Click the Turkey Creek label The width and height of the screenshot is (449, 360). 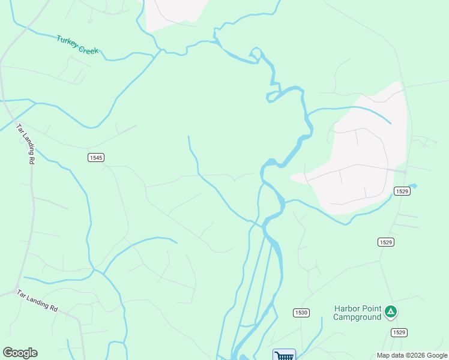pos(77,45)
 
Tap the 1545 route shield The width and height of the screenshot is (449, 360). pos(95,157)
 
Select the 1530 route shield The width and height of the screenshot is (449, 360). pos(301,313)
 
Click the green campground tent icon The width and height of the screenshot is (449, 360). pos(391,311)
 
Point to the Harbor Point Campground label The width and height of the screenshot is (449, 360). pos(357,313)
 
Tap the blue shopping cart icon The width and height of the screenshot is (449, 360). pos(284,355)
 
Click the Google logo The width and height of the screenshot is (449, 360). pos(20,353)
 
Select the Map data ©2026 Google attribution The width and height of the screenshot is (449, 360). pos(412,355)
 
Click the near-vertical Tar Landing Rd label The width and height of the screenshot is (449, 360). pos(24,144)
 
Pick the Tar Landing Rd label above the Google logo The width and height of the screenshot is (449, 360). pos(37,301)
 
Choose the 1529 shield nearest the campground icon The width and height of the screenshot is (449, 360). pos(399,332)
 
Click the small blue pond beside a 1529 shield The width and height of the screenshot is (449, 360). pos(413,186)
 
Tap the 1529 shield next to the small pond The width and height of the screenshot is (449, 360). pos(402,191)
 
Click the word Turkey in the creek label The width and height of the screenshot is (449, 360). pos(67,41)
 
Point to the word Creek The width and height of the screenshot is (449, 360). pos(88,49)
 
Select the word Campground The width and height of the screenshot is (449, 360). pos(357,317)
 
